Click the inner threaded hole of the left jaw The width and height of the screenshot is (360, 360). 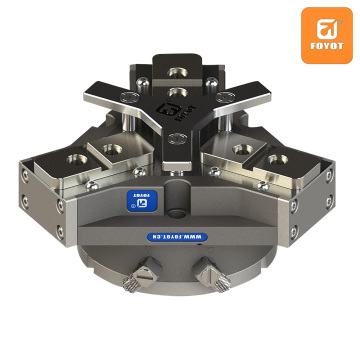107,147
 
